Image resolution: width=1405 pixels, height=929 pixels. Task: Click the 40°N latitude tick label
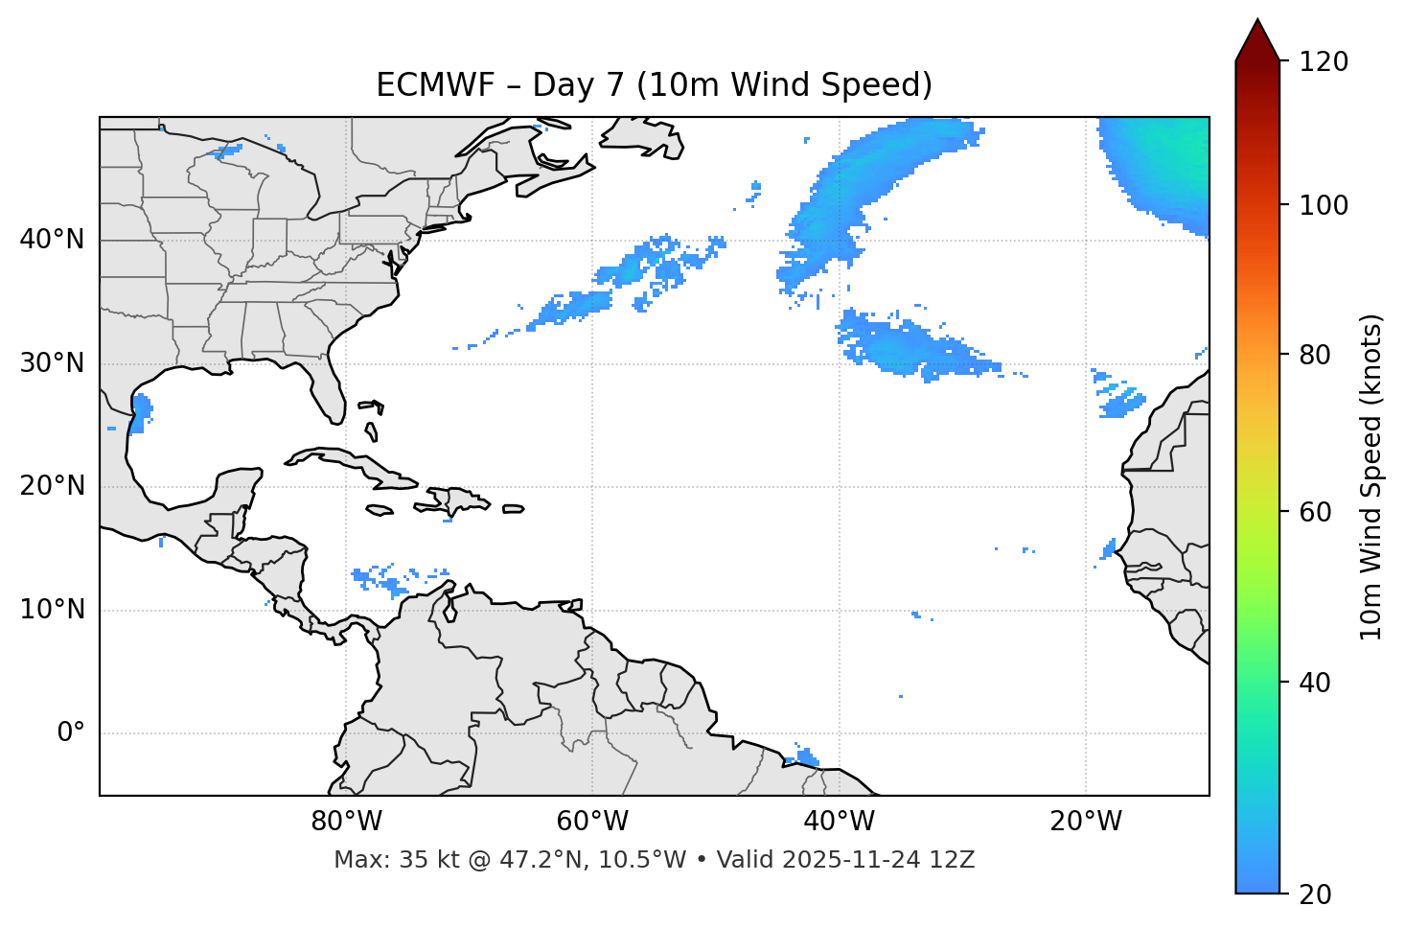click(52, 240)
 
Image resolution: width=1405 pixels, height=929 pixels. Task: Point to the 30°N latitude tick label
click(52, 363)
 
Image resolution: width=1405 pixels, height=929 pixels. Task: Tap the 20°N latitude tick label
click(52, 486)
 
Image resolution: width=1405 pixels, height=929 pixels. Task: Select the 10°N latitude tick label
click(52, 610)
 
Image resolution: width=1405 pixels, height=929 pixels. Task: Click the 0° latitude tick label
click(70, 733)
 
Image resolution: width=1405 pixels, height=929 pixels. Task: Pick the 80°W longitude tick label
click(346, 822)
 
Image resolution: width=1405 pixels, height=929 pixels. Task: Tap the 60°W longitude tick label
click(592, 822)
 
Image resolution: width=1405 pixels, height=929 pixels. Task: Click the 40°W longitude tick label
click(839, 822)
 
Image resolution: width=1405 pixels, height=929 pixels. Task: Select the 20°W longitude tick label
click(1085, 822)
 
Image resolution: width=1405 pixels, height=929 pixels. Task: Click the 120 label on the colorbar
click(1323, 62)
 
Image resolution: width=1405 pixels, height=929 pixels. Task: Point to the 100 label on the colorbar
click(1323, 205)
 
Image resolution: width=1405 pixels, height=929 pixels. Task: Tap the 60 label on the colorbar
click(1317, 512)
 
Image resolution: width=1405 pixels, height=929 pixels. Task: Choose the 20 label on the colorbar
click(1317, 894)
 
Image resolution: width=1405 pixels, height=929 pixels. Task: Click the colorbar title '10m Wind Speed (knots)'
click(1371, 477)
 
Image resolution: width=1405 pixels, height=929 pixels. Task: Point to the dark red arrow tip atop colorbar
click(1257, 38)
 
